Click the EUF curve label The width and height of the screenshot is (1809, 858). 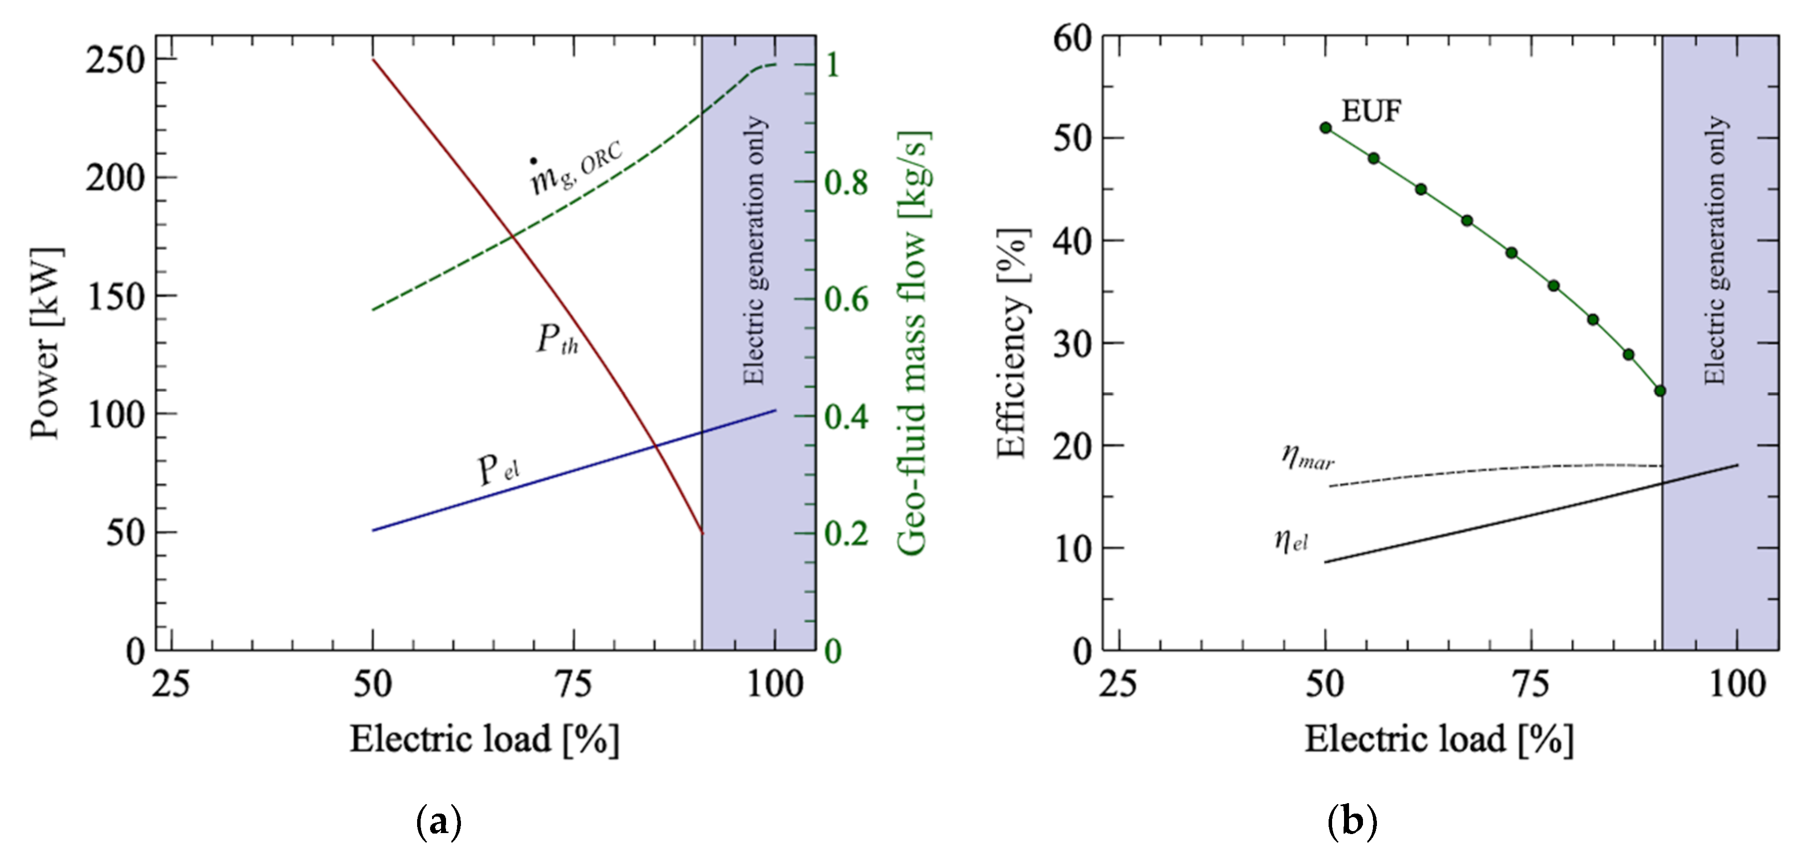click(x=1371, y=111)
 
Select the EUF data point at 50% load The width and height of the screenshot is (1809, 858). click(x=1326, y=128)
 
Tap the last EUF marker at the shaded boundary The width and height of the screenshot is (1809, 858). click(x=1660, y=391)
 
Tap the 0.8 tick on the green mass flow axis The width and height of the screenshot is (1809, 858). click(x=846, y=183)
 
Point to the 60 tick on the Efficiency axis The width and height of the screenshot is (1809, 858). click(x=1072, y=38)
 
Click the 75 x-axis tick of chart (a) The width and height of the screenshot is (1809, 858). click(x=574, y=684)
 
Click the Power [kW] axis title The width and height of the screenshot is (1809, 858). click(x=46, y=343)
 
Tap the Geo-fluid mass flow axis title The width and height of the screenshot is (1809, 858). click(x=913, y=343)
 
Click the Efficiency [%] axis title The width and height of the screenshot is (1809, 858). click(x=1013, y=343)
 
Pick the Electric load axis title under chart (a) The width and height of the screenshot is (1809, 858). click(x=484, y=739)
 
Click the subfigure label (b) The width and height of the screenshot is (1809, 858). click(x=1352, y=821)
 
